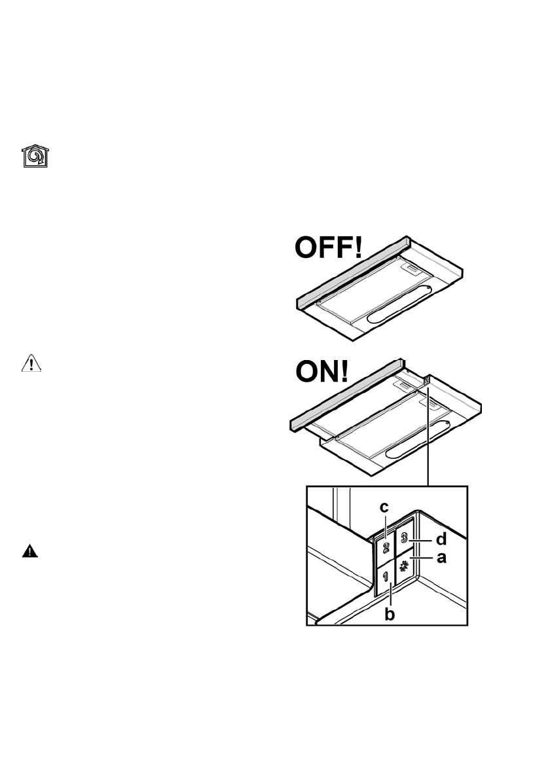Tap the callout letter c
pyautogui.click(x=384, y=507)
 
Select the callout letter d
pyautogui.click(x=441, y=540)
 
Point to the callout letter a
pyautogui.click(x=441, y=558)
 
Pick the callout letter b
pyautogui.click(x=390, y=614)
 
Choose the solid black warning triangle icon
pyautogui.click(x=30, y=551)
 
